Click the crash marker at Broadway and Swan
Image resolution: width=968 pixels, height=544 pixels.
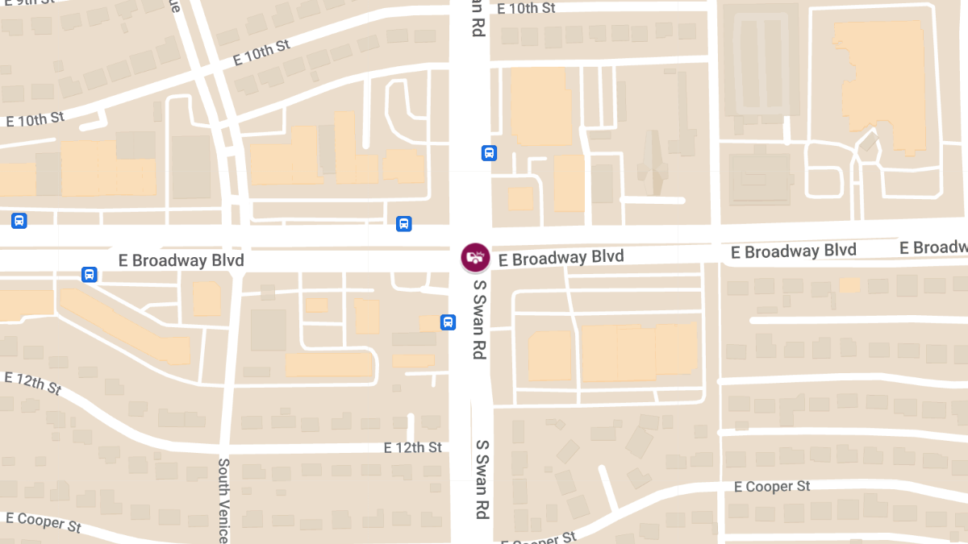click(475, 257)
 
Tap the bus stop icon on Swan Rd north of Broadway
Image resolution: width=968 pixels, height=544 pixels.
click(489, 153)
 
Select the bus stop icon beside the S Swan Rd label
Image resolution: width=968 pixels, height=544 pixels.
click(448, 322)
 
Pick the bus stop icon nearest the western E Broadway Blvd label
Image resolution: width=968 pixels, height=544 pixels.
click(90, 275)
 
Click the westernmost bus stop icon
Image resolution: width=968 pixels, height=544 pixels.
click(19, 220)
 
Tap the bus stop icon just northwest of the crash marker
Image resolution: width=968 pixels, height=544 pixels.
click(404, 223)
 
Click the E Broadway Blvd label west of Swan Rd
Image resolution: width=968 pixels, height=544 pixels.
click(181, 260)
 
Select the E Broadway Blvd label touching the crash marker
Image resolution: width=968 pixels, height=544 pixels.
click(561, 258)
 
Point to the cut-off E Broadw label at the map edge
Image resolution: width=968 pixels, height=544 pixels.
click(934, 247)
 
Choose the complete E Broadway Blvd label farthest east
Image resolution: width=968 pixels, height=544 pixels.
click(794, 251)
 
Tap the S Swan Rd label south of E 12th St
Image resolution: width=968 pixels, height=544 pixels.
click(482, 479)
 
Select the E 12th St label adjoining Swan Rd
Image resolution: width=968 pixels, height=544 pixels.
click(413, 447)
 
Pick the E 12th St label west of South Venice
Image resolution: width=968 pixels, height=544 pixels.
click(32, 384)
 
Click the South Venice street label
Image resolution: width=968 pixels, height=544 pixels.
click(224, 500)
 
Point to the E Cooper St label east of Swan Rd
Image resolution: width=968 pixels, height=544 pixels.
click(772, 487)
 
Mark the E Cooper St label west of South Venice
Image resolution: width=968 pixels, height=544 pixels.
click(44, 521)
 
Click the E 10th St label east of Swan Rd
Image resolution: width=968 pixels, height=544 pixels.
click(526, 8)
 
